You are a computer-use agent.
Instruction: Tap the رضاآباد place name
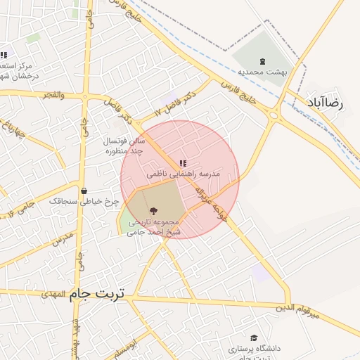(324, 103)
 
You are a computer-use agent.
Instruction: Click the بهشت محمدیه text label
(260, 72)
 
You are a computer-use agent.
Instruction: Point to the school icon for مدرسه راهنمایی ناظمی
(183, 162)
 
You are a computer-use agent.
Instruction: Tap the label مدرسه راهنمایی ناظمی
(183, 173)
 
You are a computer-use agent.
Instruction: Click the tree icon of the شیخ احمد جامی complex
(153, 210)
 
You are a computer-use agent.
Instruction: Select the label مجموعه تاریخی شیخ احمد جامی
(153, 226)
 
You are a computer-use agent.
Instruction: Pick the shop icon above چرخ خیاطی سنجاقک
(84, 191)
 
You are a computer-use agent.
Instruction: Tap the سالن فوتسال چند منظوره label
(124, 146)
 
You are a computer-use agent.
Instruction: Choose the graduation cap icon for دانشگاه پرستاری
(253, 338)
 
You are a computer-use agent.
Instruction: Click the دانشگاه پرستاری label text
(254, 349)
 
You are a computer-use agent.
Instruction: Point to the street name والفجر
(53, 94)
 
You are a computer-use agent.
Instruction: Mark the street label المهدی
(53, 293)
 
